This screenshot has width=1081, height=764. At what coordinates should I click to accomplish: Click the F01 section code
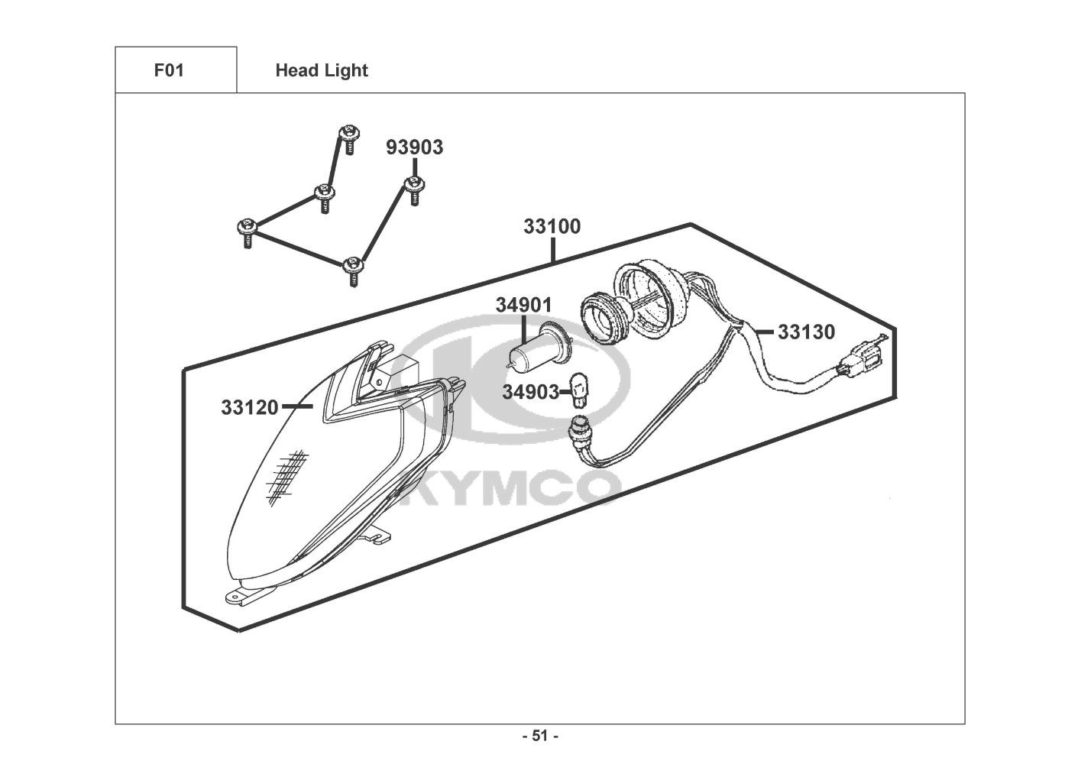click(x=169, y=70)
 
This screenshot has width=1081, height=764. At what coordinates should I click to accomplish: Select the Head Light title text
click(x=322, y=70)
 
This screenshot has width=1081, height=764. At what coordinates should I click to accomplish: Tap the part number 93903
click(x=414, y=147)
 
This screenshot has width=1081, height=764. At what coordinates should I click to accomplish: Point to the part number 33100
click(x=552, y=227)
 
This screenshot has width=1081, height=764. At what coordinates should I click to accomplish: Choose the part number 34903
click(x=530, y=393)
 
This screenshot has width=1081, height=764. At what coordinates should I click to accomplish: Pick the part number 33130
click(x=806, y=332)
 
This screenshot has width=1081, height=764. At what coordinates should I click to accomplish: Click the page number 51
click(x=540, y=736)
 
